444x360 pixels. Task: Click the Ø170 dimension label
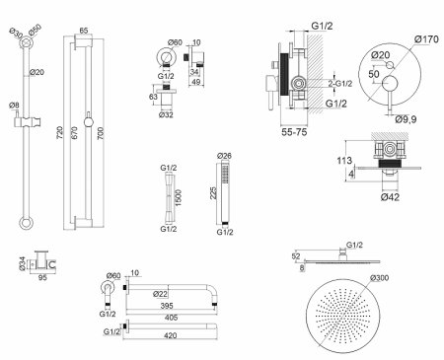426,39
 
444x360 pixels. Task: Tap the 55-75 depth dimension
294,132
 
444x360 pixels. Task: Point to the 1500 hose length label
179,198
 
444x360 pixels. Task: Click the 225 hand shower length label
213,193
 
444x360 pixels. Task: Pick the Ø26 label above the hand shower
225,156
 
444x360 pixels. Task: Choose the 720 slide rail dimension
59,132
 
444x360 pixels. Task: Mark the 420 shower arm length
170,335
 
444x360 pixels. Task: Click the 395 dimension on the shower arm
167,306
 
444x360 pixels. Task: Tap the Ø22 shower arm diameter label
160,294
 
